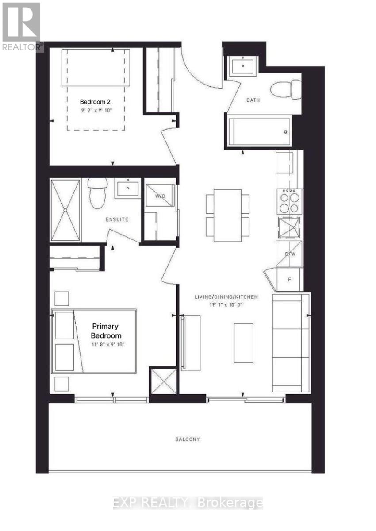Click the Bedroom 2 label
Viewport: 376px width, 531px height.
(x=92, y=101)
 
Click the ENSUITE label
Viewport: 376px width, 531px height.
(x=117, y=219)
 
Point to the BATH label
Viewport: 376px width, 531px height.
(x=253, y=100)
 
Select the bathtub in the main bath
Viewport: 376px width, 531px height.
(x=259, y=131)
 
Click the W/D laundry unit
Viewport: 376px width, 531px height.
(x=160, y=193)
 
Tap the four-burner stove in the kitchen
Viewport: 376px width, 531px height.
(x=289, y=202)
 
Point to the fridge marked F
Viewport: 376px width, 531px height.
(x=290, y=280)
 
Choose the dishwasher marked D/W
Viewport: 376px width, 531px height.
(x=290, y=254)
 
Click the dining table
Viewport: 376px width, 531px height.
(x=227, y=215)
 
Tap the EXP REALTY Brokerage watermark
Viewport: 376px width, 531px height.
(x=188, y=503)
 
